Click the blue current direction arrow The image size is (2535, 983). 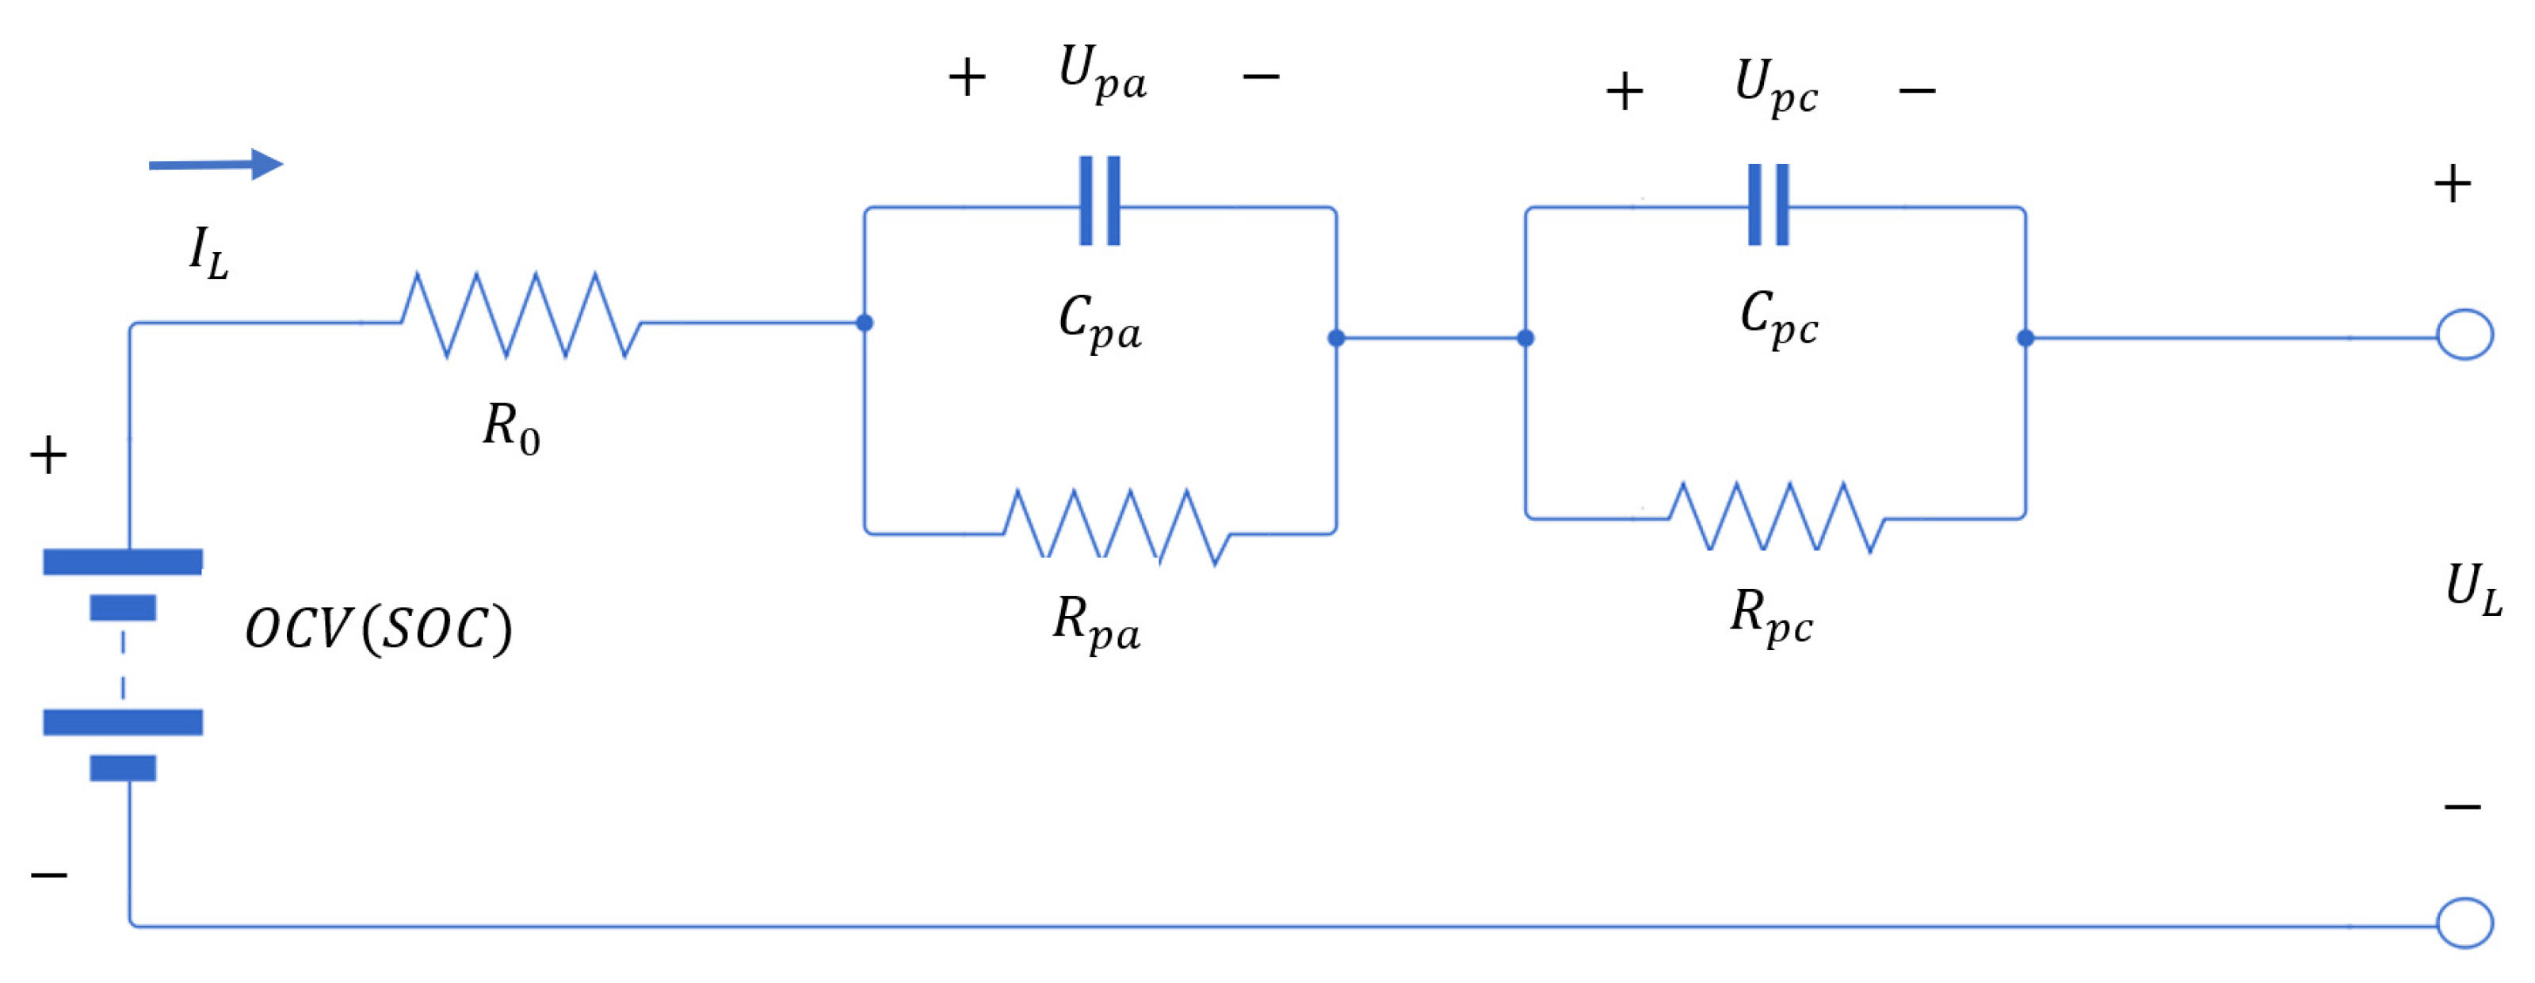coord(216,164)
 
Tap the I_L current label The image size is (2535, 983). coord(208,253)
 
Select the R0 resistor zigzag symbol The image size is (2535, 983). coord(521,316)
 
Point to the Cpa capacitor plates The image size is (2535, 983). coord(1099,201)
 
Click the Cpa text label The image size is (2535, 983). coord(1100,322)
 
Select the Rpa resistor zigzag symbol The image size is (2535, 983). coord(1116,527)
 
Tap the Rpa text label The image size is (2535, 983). coord(1096,623)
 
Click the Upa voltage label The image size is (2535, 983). coord(1102,73)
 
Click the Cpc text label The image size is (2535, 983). coord(1778,318)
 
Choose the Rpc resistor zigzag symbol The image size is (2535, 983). coord(1777,517)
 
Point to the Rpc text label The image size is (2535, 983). coord(1771,616)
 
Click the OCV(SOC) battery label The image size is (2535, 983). coord(378,629)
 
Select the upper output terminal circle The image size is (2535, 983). coord(2464,335)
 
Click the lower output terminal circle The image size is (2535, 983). coord(2464,923)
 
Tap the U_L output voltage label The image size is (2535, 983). coord(2473,590)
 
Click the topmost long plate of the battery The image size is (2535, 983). coord(123,562)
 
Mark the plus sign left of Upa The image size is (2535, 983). coord(966,77)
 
